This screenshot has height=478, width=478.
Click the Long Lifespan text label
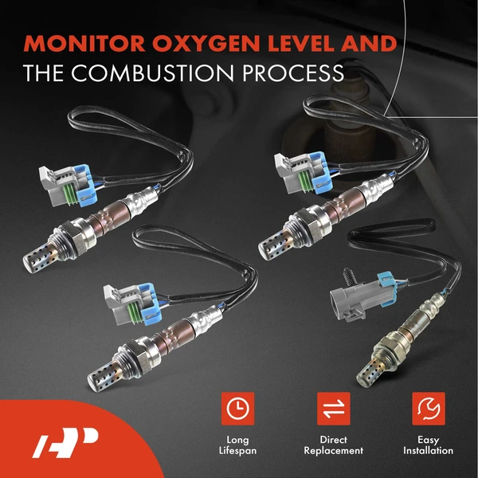click(237, 445)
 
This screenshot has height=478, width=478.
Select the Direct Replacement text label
click(333, 445)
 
